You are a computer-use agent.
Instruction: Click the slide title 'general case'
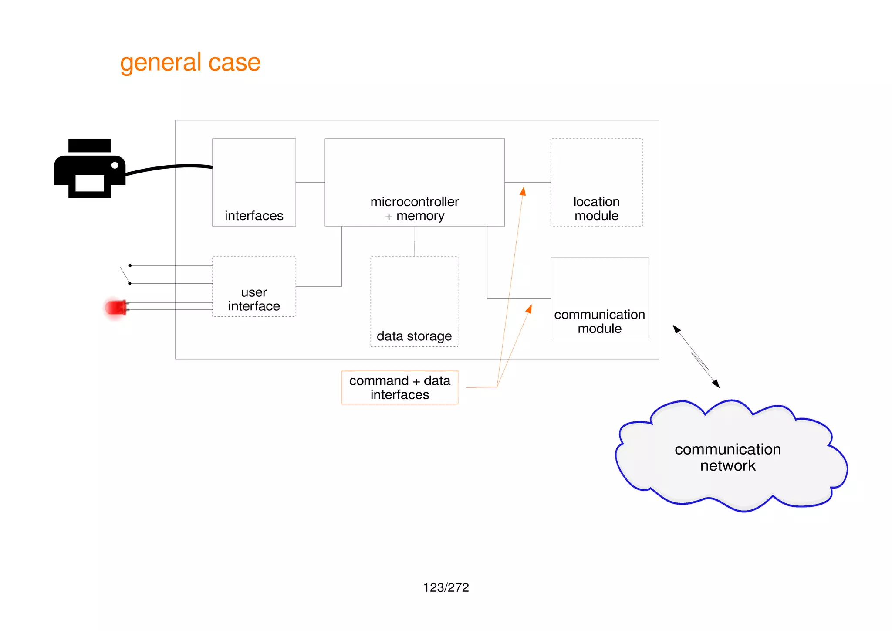(x=190, y=62)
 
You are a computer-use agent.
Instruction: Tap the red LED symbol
(x=116, y=308)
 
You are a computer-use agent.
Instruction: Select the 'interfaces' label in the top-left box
(x=254, y=216)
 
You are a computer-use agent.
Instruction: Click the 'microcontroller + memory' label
(x=415, y=209)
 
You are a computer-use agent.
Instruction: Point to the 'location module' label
(x=596, y=209)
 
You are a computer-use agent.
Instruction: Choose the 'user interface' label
(x=254, y=299)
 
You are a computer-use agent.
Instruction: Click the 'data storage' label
(x=414, y=336)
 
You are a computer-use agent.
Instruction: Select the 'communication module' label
(x=599, y=321)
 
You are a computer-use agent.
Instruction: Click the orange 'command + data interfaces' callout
(x=400, y=387)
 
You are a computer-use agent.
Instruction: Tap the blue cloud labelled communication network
(x=728, y=457)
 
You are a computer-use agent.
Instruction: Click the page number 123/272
(x=446, y=587)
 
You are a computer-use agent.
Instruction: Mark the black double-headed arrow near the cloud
(x=696, y=356)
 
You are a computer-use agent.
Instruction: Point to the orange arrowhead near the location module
(x=523, y=191)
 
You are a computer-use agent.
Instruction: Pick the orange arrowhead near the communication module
(x=529, y=309)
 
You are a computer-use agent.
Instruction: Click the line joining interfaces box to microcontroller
(x=310, y=182)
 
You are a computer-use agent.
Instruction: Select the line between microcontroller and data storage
(x=415, y=241)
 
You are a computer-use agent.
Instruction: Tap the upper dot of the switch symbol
(x=130, y=265)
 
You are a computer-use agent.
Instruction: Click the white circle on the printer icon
(x=115, y=165)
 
